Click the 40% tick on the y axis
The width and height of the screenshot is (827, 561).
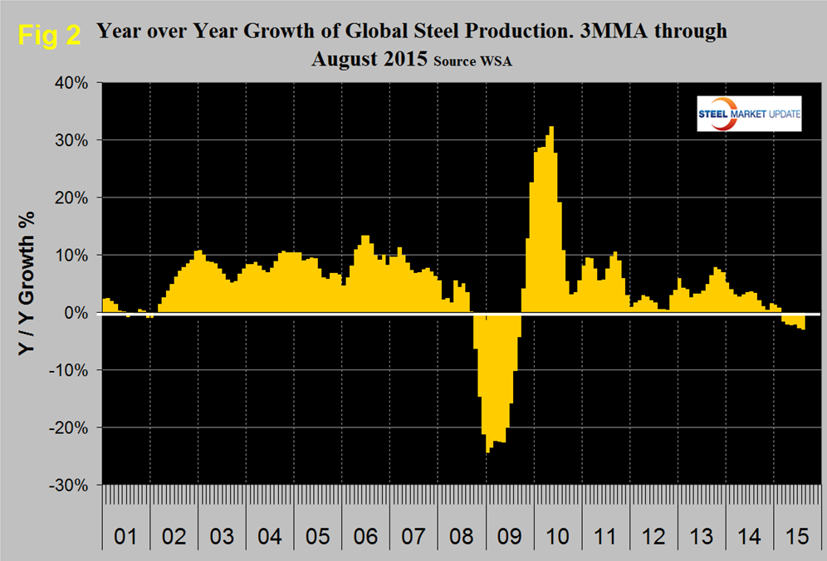[x=71, y=83]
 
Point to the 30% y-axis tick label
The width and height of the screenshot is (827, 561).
[x=71, y=140]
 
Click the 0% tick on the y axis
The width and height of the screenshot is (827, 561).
[x=76, y=313]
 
